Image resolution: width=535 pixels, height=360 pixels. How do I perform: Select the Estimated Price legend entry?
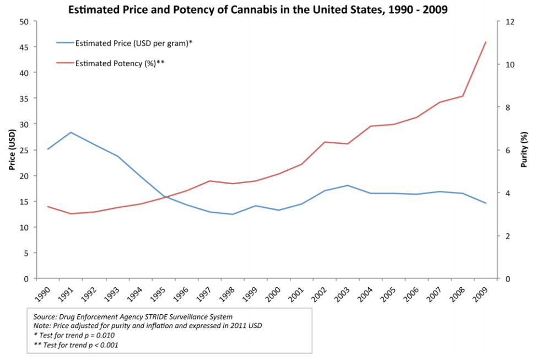pos(132,42)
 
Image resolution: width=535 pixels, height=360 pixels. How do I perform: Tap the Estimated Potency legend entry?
pos(119,63)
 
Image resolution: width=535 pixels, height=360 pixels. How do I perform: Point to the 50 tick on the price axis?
pos(24,22)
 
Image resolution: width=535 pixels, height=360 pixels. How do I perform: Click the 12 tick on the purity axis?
pos(510,22)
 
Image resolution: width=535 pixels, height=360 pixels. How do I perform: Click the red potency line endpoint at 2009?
pos(485,42)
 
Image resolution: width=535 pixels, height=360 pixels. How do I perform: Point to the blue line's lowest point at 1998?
pos(233,214)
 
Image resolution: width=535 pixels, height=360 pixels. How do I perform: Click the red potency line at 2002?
pos(325,142)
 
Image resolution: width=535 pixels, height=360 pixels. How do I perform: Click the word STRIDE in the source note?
pos(140,316)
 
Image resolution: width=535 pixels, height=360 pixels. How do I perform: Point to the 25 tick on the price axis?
pos(24,124)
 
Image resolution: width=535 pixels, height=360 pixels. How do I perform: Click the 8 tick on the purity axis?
pos(508,108)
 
